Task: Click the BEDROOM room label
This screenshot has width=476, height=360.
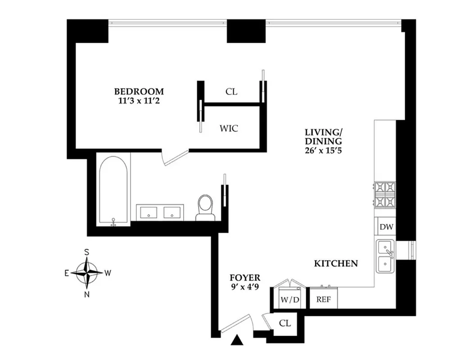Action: (138, 91)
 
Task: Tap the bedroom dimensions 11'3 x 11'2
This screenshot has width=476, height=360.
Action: (138, 101)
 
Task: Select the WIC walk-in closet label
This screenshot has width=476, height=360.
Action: (229, 128)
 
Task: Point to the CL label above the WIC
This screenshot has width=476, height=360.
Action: (231, 92)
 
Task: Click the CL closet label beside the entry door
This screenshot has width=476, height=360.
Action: (285, 323)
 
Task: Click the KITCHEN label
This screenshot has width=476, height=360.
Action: (335, 264)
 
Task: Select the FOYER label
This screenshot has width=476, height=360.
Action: (245, 278)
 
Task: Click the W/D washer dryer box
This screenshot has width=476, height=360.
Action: (289, 299)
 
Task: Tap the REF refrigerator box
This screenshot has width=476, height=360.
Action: (323, 299)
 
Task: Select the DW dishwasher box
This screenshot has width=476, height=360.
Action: (386, 227)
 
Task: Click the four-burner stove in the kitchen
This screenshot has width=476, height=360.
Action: (385, 194)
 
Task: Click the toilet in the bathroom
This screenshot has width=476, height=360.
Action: (205, 207)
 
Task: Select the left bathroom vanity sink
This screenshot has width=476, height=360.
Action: (148, 212)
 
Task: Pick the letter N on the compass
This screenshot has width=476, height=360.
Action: (87, 295)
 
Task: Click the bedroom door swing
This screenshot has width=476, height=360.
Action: (174, 157)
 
